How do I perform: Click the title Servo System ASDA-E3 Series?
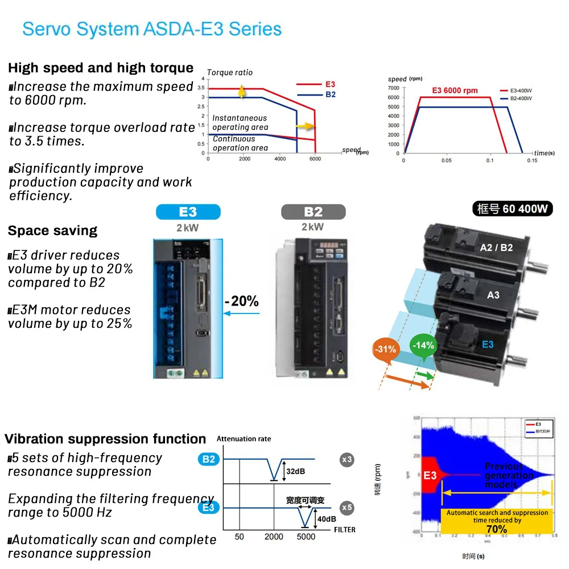(151, 29)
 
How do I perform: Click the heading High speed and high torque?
(101, 68)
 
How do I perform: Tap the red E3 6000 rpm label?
(455, 90)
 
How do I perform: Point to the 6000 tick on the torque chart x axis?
(315, 159)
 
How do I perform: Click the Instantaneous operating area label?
(240, 123)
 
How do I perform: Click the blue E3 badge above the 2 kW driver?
(188, 212)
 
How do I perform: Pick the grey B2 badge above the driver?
(313, 212)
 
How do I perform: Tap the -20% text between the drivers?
(241, 301)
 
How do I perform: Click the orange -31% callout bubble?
(385, 349)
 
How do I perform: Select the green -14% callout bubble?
(423, 345)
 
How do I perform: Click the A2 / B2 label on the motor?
(496, 248)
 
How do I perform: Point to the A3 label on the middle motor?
(493, 295)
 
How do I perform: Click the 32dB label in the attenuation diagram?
(295, 472)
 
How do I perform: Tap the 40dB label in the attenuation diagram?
(326, 519)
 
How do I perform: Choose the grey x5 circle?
(346, 508)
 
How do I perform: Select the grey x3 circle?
(346, 459)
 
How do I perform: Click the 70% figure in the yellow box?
(496, 530)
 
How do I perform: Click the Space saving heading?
(52, 231)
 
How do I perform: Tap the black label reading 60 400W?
(513, 209)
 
